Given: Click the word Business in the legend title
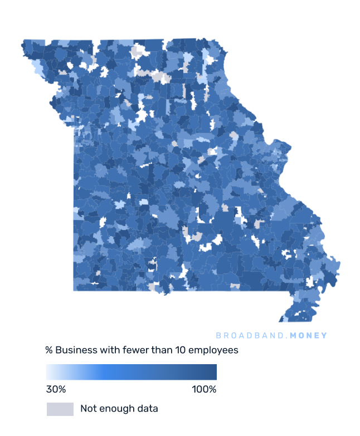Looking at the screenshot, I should tap(74, 350).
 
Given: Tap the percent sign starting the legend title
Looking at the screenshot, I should tap(49, 350).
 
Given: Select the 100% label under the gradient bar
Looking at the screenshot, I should tap(204, 389).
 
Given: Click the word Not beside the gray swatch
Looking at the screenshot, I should tap(88, 409).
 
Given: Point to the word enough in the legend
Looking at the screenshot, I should tap(117, 409).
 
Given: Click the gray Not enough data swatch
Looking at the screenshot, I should tap(60, 409).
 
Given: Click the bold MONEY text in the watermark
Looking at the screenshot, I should tap(308, 336).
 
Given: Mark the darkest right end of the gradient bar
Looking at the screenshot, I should tap(213, 372).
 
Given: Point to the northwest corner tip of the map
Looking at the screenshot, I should tap(25, 42).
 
